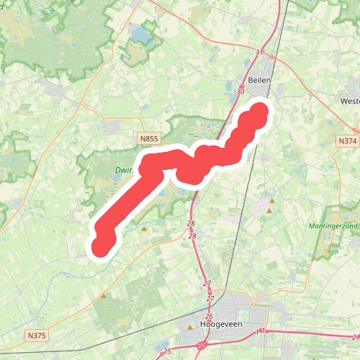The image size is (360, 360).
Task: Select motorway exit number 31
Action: (260, 53)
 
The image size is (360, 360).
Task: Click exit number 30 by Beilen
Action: (240, 91)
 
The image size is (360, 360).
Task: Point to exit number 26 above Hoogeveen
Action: (209, 317)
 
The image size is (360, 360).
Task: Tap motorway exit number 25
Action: (167, 351)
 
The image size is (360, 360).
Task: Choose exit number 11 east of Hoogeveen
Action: (260, 331)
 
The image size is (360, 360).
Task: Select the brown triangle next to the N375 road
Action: (104, 295)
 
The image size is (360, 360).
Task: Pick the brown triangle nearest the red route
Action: (144, 229)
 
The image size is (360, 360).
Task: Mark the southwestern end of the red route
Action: (102, 248)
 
